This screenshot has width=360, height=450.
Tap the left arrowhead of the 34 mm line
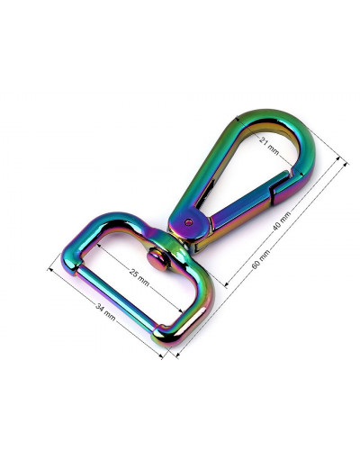tap(50, 267)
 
